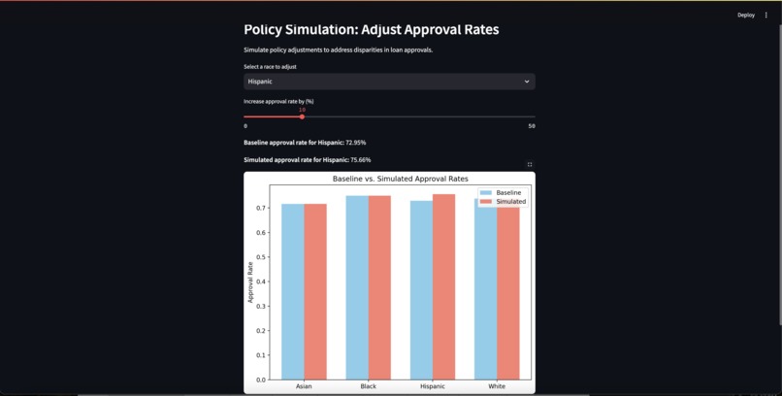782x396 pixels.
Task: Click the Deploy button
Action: coord(745,15)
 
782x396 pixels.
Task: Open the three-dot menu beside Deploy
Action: coord(766,15)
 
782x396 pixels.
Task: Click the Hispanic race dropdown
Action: coord(388,82)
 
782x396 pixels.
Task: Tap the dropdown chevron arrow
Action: coord(527,82)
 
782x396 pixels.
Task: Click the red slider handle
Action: coord(302,116)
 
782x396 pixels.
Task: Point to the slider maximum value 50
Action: coord(532,126)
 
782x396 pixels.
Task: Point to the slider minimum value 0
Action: coord(245,126)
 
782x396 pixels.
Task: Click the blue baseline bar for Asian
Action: coord(292,291)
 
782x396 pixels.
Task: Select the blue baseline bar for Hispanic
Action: coord(421,290)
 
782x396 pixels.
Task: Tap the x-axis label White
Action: coord(497,386)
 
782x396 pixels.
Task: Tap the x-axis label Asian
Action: coord(304,386)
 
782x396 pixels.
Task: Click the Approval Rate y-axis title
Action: coord(250,281)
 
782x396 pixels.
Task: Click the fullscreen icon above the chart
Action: coord(530,164)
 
